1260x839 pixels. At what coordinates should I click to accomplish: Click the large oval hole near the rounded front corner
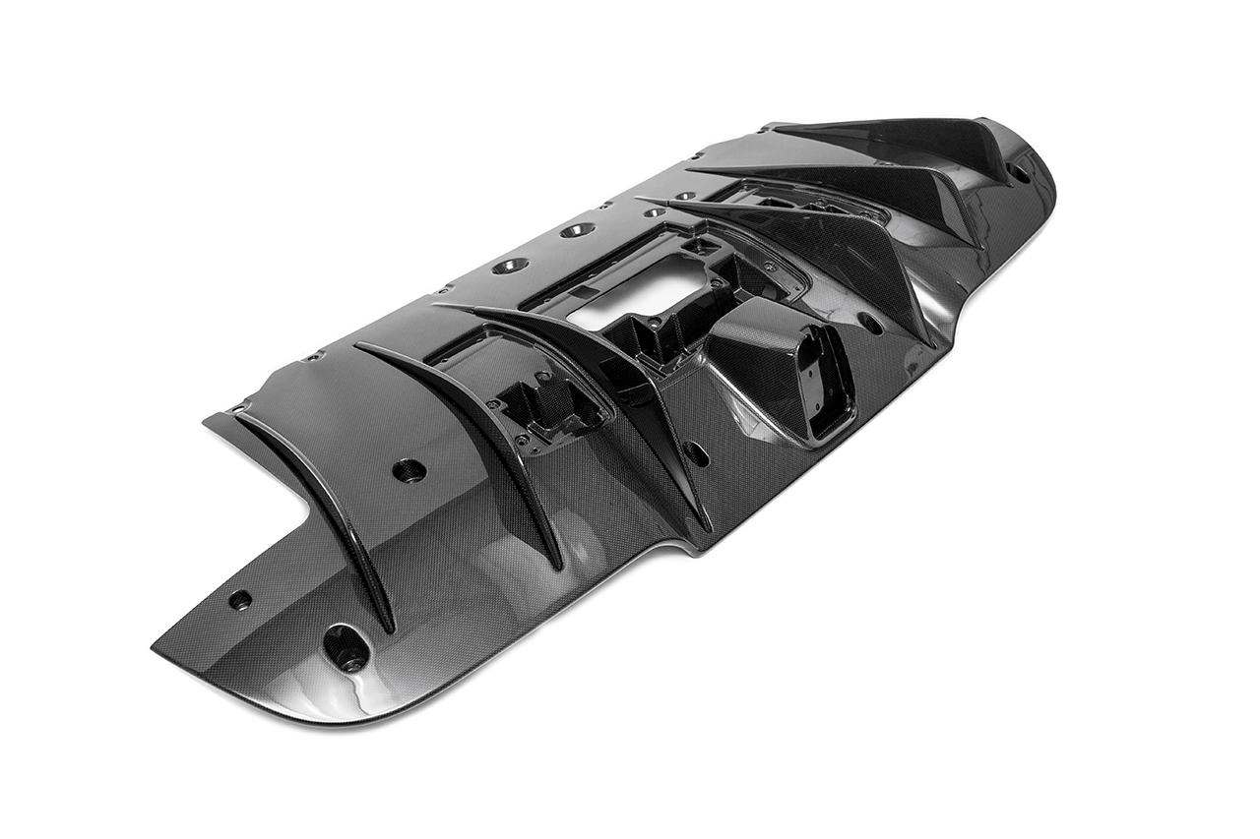click(346, 647)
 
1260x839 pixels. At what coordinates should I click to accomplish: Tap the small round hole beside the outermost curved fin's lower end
click(240, 598)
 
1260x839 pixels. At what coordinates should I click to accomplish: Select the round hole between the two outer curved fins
click(409, 470)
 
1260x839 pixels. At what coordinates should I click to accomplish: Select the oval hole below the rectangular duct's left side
click(696, 453)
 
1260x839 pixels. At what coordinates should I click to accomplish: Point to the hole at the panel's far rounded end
click(1021, 171)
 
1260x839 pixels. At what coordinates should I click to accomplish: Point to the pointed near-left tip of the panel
click(156, 649)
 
